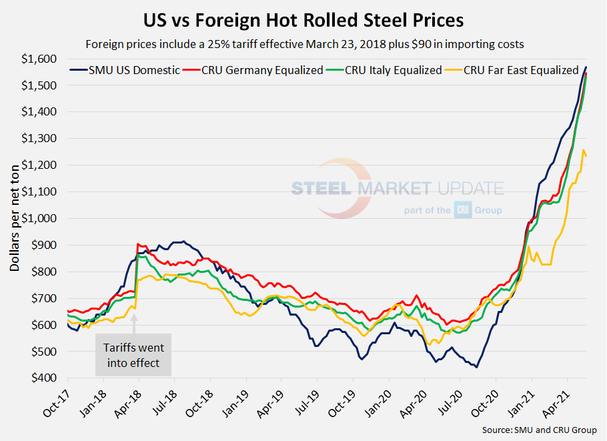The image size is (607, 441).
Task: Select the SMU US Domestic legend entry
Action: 124,70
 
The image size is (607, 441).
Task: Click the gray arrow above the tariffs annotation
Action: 133,323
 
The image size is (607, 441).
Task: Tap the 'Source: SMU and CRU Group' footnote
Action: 539,430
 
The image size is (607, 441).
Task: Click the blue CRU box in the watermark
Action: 463,210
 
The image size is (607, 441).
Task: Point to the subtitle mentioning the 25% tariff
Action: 303,45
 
